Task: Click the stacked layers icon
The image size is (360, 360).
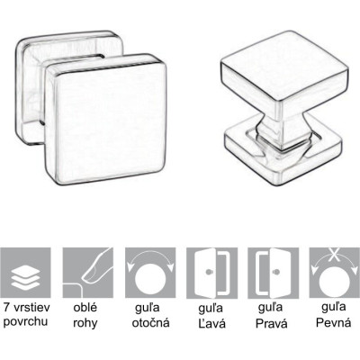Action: point(25,273)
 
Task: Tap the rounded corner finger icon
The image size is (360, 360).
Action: point(88,273)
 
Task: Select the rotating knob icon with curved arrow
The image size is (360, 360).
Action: point(150,273)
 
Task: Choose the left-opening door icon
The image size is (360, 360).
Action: point(211,273)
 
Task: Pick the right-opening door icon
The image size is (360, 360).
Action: point(274,273)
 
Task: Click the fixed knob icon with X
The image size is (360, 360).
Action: point(335,273)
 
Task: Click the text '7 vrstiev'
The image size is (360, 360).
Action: point(27,307)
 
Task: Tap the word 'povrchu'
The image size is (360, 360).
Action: point(25,322)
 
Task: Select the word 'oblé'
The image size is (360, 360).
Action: point(85,307)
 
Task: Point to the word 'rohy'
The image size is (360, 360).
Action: point(85,323)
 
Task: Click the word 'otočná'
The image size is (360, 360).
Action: point(151,322)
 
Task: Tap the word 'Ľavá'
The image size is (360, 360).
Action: point(211,323)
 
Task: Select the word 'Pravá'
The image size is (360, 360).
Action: point(272,323)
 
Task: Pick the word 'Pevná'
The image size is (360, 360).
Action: point(333,322)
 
